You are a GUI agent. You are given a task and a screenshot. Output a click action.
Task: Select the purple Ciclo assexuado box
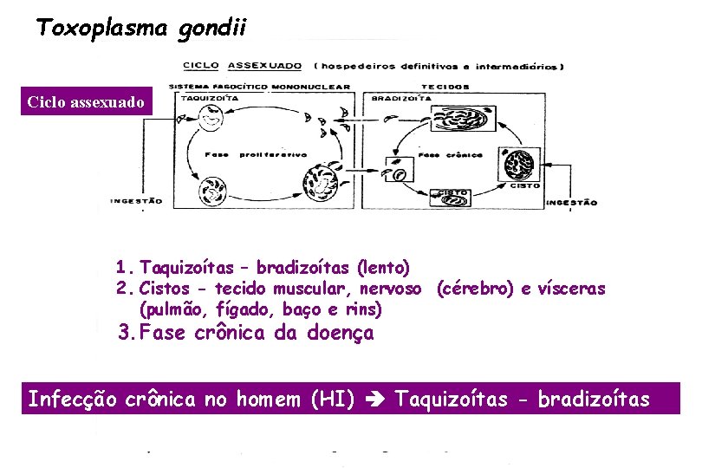coord(87,102)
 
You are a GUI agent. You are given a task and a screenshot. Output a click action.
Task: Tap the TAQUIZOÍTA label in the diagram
coord(203,98)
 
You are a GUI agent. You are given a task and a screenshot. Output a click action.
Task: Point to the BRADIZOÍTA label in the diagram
coord(401,98)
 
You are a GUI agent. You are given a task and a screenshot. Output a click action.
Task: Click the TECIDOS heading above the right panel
coord(445,87)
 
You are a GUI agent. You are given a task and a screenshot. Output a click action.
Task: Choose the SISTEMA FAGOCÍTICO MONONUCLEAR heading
coord(260,87)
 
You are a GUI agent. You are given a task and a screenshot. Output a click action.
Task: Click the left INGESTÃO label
coord(136,201)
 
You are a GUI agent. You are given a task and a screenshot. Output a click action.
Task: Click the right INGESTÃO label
coord(571,202)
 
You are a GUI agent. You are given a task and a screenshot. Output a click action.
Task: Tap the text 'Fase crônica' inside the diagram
coord(441,154)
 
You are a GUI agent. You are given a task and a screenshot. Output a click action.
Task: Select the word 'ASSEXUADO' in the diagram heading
coord(264,65)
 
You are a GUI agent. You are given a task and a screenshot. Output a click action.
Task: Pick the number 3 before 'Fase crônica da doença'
coord(125,332)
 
